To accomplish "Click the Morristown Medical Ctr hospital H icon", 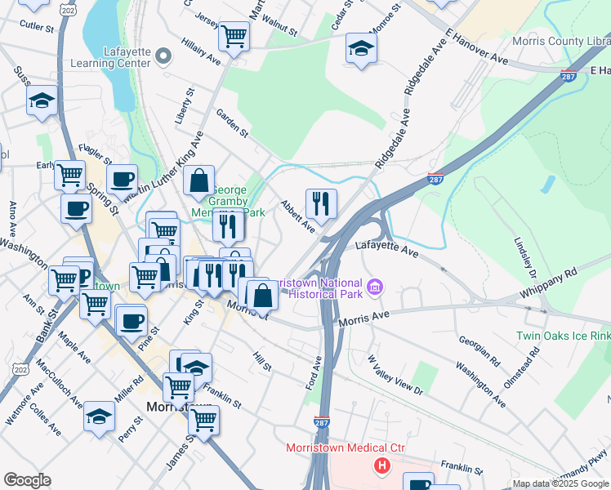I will click(x=381, y=466).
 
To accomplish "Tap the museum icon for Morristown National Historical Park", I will click(x=375, y=287).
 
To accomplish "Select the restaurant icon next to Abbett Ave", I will click(x=321, y=203).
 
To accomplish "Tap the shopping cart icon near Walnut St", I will click(x=234, y=37).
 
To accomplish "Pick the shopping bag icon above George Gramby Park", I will click(x=198, y=181).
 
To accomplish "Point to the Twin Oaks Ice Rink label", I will click(x=563, y=336).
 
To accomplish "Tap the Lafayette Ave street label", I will click(x=387, y=251).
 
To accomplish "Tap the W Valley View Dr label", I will click(x=395, y=375).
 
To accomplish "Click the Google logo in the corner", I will click(x=28, y=480).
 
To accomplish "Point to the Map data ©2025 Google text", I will click(x=560, y=483).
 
